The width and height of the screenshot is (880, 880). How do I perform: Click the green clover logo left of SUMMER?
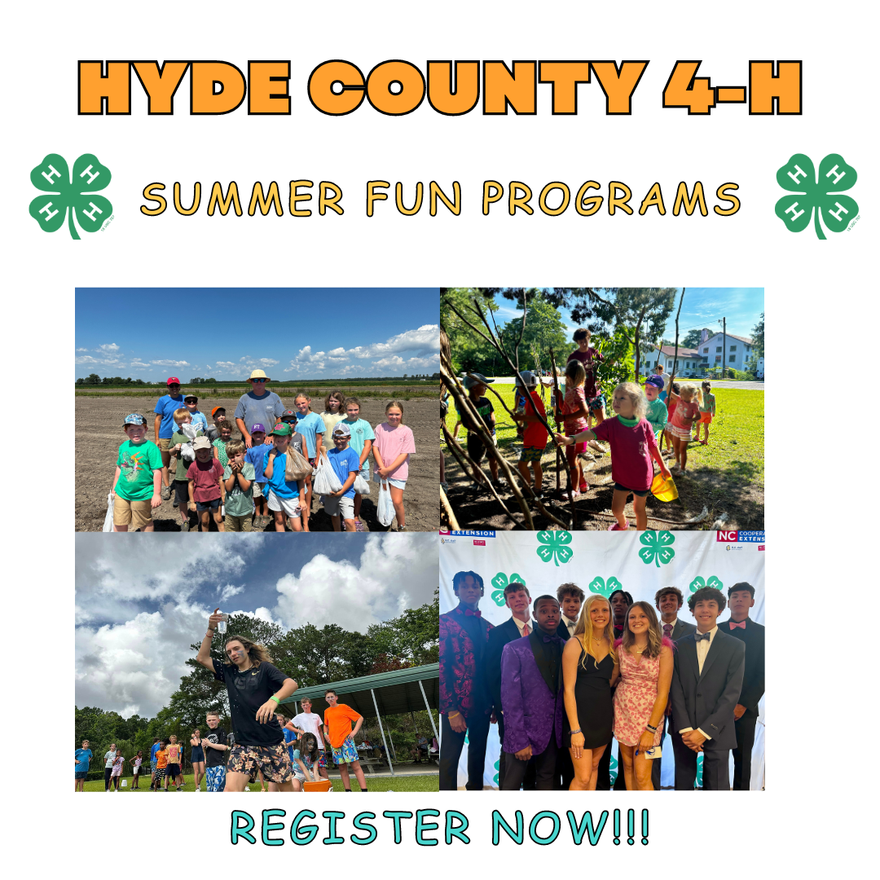[x=71, y=196]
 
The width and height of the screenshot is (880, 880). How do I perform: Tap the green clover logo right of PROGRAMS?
[x=816, y=196]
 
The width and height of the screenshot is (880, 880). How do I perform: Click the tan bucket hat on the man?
[x=259, y=376]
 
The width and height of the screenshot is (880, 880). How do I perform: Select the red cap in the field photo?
[x=172, y=381]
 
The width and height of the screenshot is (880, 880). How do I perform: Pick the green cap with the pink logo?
[x=281, y=429]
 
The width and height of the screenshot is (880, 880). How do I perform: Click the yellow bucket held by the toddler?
[x=664, y=488]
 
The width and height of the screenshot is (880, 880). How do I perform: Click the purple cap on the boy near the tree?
[x=654, y=381]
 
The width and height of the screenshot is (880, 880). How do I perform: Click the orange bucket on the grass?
[x=318, y=785]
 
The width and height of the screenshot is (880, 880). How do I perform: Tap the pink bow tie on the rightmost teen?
[x=738, y=625]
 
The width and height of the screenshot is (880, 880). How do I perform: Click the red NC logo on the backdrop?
[x=726, y=536]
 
